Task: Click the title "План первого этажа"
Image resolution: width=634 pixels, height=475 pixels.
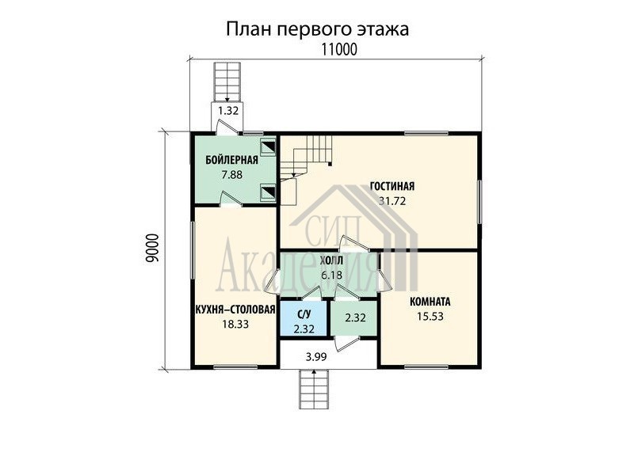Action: pyautogui.click(x=317, y=29)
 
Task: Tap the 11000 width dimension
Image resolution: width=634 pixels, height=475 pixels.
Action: pyautogui.click(x=339, y=49)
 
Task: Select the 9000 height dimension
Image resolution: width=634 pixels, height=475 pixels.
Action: pyautogui.click(x=152, y=249)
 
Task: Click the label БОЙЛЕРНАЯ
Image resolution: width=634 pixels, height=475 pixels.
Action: pyautogui.click(x=231, y=161)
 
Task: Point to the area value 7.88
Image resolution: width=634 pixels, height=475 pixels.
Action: pyautogui.click(x=231, y=174)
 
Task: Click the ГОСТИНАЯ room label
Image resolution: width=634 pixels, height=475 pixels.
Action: pyautogui.click(x=392, y=186)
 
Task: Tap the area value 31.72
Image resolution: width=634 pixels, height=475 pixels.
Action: pyautogui.click(x=392, y=200)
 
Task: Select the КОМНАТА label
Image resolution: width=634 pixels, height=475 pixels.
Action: pyautogui.click(x=430, y=302)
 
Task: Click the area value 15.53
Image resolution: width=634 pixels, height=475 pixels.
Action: pyautogui.click(x=430, y=316)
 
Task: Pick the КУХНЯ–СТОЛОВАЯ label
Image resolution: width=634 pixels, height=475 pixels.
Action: pyautogui.click(x=235, y=310)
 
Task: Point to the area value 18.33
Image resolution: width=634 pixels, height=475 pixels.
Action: pyautogui.click(x=235, y=324)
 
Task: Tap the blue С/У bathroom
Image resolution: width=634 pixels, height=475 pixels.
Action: pyautogui.click(x=304, y=318)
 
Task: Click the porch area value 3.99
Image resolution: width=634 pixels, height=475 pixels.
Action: pyautogui.click(x=316, y=357)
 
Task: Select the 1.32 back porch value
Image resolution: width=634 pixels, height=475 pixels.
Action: pyautogui.click(x=228, y=110)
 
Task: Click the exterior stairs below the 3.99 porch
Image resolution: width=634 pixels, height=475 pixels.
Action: pyautogui.click(x=315, y=389)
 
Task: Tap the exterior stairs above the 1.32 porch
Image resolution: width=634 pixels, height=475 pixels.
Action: pyautogui.click(x=227, y=82)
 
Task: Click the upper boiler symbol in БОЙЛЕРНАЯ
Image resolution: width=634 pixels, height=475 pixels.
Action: pyautogui.click(x=267, y=147)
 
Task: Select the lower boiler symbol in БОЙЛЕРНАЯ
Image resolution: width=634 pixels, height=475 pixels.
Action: pyautogui.click(x=267, y=192)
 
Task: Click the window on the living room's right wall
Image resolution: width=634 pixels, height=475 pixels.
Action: pyautogui.click(x=479, y=202)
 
